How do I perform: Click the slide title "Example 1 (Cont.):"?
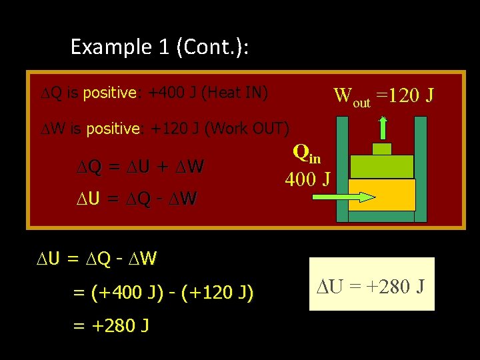(x=160, y=47)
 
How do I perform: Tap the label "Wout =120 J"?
(x=384, y=96)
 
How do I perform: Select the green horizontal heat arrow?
(x=337, y=197)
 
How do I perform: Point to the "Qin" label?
(x=307, y=155)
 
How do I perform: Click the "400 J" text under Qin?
(x=307, y=179)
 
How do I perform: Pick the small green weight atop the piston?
(x=382, y=149)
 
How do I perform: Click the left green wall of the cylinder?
(x=342, y=169)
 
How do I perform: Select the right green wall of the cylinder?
(x=421, y=169)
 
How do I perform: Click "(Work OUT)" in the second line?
(x=248, y=128)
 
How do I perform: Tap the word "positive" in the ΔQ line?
(x=109, y=93)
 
